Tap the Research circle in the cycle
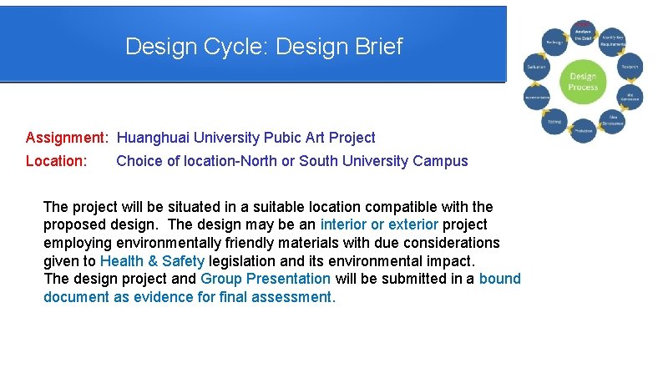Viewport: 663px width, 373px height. [x=630, y=67]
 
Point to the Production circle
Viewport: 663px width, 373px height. [x=583, y=130]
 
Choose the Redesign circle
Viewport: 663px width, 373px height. [x=555, y=42]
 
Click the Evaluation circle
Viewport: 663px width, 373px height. [x=536, y=67]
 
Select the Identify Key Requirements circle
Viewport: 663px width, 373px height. [x=613, y=41]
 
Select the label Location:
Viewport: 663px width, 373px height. [x=57, y=161]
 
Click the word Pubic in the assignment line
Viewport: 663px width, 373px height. [x=283, y=138]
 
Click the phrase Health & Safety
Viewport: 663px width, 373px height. [x=152, y=260]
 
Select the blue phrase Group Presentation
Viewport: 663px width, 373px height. [x=266, y=279]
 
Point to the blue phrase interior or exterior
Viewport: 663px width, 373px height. [x=379, y=224]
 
